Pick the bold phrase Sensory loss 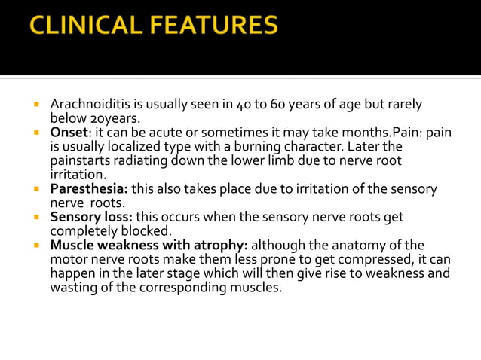point(91,217)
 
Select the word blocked point(154,231)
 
